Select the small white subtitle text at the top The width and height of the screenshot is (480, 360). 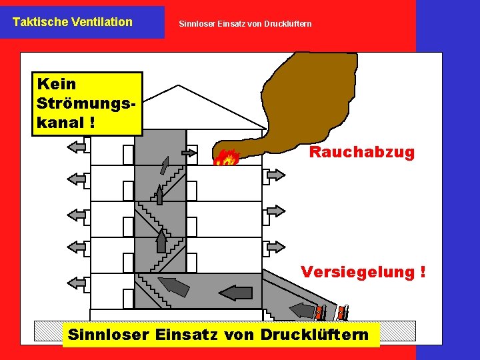coord(245,25)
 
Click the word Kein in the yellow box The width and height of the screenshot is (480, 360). coord(57,85)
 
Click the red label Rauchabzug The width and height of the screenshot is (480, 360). coord(361,153)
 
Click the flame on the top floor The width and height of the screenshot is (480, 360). coord(227,158)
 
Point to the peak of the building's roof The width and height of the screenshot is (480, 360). coord(178,87)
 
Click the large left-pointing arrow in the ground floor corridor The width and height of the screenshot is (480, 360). coord(237,292)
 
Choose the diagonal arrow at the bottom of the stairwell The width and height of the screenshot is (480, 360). coord(175,286)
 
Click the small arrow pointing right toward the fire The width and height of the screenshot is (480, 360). coord(189,153)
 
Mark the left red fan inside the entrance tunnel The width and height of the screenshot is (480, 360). coord(321,311)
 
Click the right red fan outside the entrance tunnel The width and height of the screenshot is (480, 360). coord(342,311)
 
